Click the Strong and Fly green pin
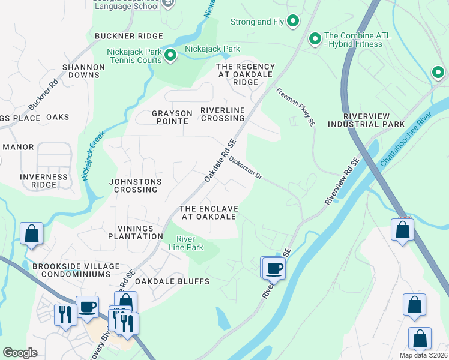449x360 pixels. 293,22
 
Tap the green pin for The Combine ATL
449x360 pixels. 315,40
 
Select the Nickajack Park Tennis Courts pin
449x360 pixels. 170,56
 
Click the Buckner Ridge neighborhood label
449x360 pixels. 129,36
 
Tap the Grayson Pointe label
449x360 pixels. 172,117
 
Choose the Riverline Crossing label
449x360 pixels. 223,114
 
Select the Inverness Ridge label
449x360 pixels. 44,181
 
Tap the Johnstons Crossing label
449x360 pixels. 133,185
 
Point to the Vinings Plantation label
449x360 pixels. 131,232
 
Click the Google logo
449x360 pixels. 20,353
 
